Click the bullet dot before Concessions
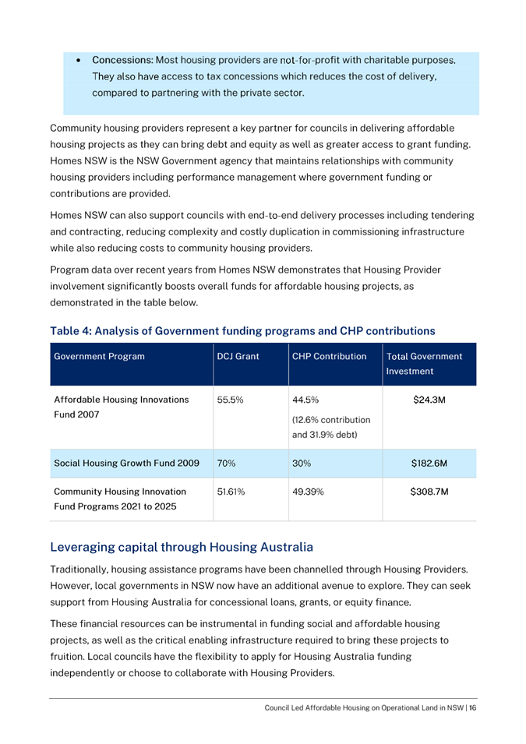[x=79, y=60]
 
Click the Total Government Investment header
[x=424, y=363]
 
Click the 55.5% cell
[x=229, y=400]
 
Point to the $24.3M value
[x=427, y=400]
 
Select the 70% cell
[x=226, y=463]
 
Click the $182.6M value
[x=427, y=463]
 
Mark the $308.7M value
[x=427, y=492]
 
